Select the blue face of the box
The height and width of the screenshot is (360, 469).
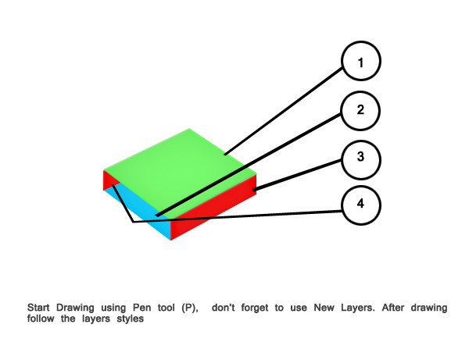tap(141, 209)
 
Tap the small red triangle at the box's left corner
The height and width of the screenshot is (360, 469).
tap(109, 180)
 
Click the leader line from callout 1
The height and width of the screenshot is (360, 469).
tap(283, 112)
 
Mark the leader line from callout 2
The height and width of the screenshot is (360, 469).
tap(249, 165)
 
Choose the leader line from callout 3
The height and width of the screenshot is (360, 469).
tap(297, 176)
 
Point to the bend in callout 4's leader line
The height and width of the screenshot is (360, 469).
tap(133, 222)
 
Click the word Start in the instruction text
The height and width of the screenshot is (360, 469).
tap(38, 308)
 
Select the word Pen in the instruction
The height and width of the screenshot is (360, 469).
tap(141, 308)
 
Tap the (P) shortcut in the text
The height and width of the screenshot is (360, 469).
tap(190, 308)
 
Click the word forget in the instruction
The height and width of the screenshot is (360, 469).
tap(255, 308)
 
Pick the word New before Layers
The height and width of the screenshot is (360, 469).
tap(324, 308)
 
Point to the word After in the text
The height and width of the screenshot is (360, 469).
tap(393, 308)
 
